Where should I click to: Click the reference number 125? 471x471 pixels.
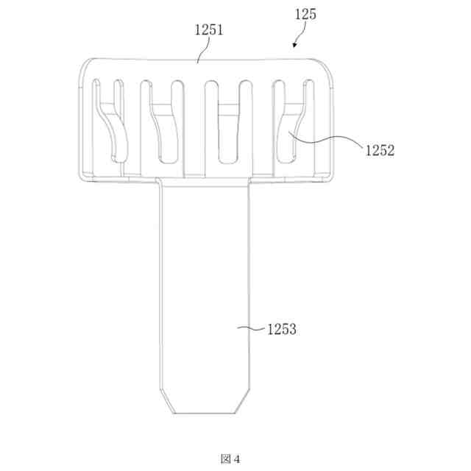(x=305, y=15)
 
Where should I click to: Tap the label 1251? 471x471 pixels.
(x=209, y=30)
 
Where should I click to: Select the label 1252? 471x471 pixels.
(x=380, y=150)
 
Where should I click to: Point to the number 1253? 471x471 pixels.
(x=281, y=329)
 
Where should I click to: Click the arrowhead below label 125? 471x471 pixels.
(x=295, y=45)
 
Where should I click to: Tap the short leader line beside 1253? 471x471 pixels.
(x=252, y=328)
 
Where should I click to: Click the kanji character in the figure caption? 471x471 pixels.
(x=226, y=459)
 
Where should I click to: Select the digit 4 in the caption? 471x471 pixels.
(x=237, y=459)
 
